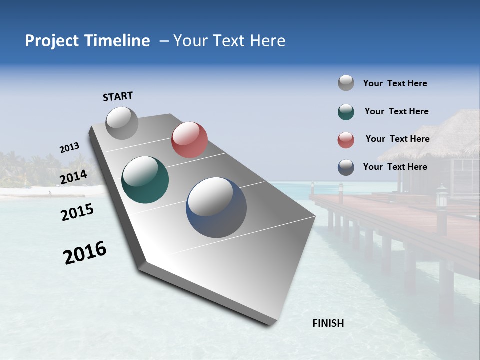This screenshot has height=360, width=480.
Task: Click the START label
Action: click(x=118, y=96)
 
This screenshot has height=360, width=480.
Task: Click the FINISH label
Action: click(x=328, y=323)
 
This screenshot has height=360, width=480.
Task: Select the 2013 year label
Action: click(x=69, y=148)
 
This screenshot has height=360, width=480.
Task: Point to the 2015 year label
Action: click(x=77, y=213)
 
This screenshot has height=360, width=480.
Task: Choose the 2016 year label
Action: click(x=85, y=253)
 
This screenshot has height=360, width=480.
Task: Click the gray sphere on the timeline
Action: click(x=122, y=123)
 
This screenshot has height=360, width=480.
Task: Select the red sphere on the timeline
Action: click(x=189, y=140)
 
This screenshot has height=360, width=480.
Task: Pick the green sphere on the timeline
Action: click(x=145, y=180)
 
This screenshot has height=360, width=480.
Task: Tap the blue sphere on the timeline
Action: click(x=216, y=207)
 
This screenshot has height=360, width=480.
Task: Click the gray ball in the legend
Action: click(x=346, y=83)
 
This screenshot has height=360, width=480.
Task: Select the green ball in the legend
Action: click(x=346, y=112)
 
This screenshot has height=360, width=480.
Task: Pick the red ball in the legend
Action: click(x=346, y=140)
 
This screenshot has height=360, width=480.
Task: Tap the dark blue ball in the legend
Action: click(x=346, y=167)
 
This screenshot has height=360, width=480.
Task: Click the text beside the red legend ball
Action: click(x=397, y=139)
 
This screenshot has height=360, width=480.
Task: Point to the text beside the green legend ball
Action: click(x=396, y=111)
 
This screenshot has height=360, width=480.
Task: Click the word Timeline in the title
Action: click(x=117, y=41)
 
